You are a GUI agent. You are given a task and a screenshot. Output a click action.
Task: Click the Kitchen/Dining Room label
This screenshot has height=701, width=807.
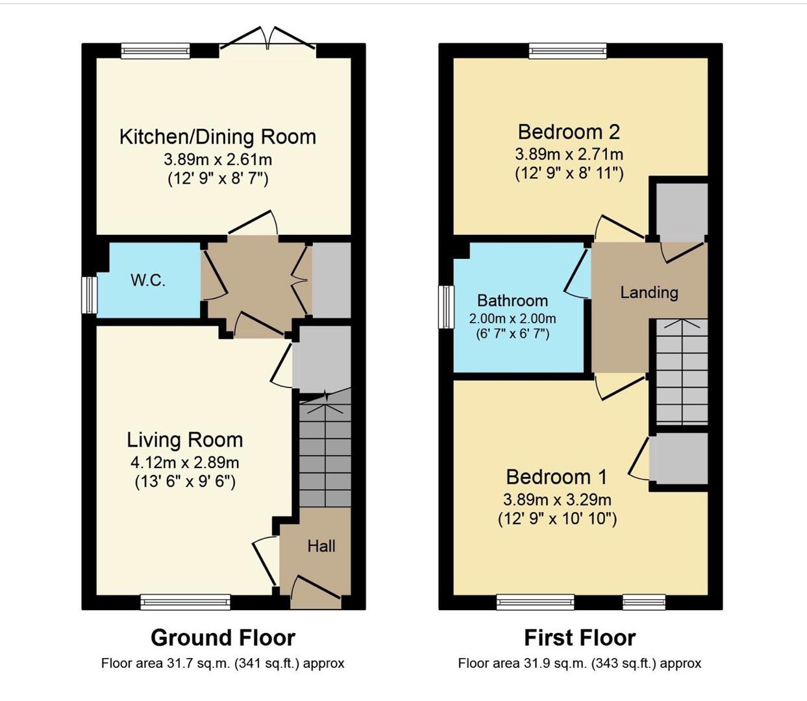point(217,137)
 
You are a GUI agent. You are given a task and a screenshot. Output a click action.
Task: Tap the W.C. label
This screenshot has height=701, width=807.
point(148,280)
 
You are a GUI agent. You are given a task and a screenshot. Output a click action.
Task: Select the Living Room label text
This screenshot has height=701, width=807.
point(185,440)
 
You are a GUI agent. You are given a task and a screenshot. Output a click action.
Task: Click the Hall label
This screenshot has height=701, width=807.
point(321,546)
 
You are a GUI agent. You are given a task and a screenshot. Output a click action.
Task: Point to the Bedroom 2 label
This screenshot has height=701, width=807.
point(569,132)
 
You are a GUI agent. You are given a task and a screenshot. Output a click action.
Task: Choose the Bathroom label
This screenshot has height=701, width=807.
point(512,301)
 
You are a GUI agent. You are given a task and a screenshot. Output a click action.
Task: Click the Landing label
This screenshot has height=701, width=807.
point(649,293)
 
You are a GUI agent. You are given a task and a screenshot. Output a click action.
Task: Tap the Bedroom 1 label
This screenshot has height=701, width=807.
point(556,477)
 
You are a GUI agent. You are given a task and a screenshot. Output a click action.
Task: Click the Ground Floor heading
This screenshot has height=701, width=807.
point(223,637)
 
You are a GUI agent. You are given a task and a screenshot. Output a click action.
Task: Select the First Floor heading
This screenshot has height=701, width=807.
point(580,637)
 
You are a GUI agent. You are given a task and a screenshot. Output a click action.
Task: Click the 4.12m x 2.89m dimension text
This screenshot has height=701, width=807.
point(185,463)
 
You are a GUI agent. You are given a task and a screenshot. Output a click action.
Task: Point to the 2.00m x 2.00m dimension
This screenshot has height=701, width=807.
point(512,319)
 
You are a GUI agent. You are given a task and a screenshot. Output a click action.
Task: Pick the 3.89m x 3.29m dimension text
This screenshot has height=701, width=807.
point(557,500)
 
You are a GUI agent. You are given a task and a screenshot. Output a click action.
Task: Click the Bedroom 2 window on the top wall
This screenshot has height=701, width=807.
point(568,51)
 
